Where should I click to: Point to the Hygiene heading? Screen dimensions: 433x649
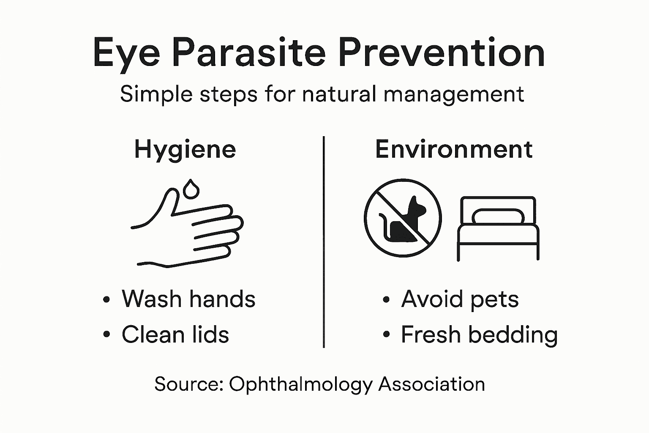(x=185, y=150)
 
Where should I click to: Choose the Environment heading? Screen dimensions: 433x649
(x=454, y=150)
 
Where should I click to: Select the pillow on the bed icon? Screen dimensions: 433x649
(x=498, y=216)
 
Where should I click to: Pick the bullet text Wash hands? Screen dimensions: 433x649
(x=188, y=299)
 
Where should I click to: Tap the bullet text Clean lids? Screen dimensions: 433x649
(x=175, y=334)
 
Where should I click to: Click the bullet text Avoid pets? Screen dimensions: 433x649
(x=460, y=299)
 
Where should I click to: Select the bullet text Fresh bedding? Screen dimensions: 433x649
(x=479, y=335)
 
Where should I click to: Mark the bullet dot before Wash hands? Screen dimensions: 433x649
(x=106, y=300)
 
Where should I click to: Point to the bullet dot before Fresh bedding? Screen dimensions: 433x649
(x=386, y=335)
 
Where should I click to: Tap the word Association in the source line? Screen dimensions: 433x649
(x=431, y=384)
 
